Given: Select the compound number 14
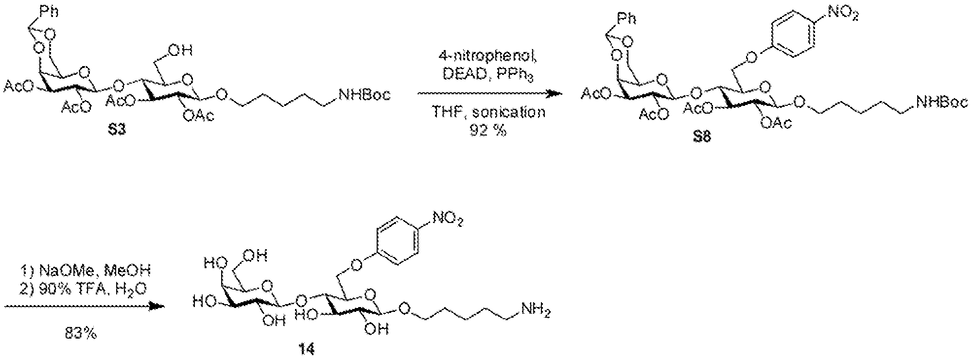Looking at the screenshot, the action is click(x=308, y=349).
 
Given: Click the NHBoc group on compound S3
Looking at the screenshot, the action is click(x=365, y=95).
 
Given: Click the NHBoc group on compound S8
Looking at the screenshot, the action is click(x=941, y=102).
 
